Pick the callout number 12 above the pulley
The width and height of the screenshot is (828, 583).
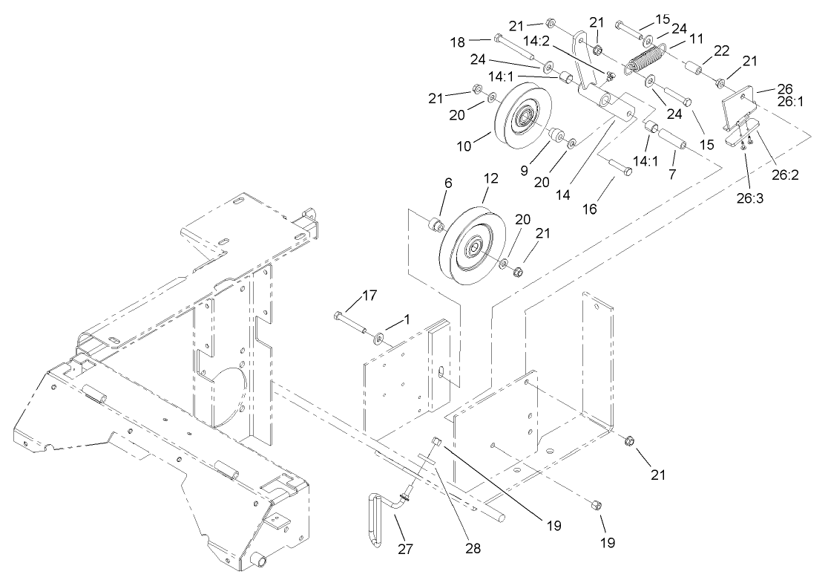coord(490,178)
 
